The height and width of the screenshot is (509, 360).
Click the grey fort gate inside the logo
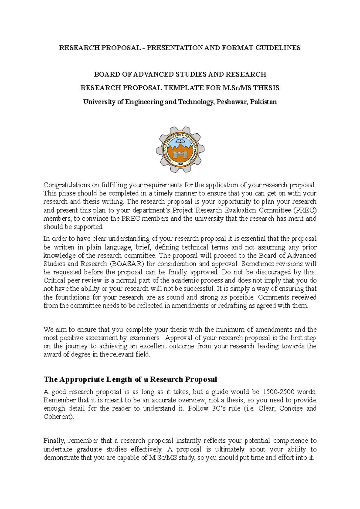[x=180, y=155]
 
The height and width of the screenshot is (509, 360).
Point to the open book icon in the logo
[x=180, y=140]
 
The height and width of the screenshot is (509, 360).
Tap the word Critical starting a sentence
[x=54, y=281]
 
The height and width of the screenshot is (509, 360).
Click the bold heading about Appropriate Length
[x=130, y=380]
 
